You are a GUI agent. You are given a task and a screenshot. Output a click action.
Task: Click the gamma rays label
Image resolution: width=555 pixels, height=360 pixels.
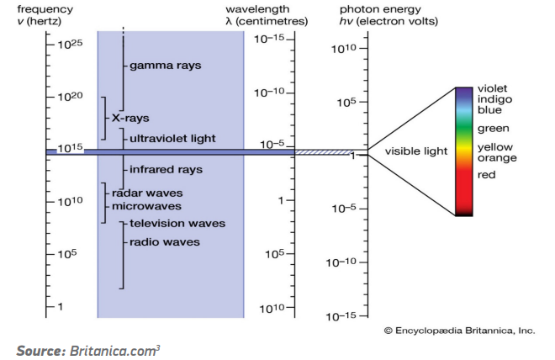166,66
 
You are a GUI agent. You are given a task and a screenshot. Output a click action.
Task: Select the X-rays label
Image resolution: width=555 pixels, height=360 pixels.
130,118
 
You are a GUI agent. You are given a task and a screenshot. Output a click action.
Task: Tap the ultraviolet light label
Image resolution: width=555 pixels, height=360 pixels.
172,139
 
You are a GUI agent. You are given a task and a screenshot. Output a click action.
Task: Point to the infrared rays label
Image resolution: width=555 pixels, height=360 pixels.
166,170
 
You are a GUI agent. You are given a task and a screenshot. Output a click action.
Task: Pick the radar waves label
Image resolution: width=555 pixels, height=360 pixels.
147,193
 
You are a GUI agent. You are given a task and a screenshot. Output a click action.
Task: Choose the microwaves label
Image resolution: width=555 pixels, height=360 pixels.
146,206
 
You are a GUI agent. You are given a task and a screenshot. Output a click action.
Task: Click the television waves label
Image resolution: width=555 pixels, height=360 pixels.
177,224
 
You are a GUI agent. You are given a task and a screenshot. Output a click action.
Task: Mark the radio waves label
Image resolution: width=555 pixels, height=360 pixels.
165,242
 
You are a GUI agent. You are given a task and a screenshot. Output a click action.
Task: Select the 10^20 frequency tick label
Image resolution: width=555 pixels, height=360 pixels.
70,96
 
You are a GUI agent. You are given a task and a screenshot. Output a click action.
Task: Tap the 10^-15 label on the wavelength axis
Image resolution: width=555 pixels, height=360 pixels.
269,39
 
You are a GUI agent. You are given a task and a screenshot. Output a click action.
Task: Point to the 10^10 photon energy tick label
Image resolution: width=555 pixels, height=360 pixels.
344,49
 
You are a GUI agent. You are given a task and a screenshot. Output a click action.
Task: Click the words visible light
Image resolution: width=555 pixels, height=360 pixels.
416,151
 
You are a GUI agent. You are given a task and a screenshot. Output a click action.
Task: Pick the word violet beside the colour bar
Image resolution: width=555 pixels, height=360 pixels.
492,88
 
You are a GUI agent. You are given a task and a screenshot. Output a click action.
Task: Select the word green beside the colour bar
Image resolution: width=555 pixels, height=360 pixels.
494,129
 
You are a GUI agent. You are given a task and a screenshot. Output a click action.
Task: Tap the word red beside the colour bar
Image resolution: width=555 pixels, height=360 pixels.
487,175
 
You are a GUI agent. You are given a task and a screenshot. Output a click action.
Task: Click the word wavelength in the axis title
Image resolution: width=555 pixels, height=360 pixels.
257,9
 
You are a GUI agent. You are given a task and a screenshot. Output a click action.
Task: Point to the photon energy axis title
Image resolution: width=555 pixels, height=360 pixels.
388,15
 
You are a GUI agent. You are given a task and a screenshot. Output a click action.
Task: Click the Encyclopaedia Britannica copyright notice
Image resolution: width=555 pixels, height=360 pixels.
459,331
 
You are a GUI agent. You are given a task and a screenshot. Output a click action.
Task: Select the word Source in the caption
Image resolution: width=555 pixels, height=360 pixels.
41,351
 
